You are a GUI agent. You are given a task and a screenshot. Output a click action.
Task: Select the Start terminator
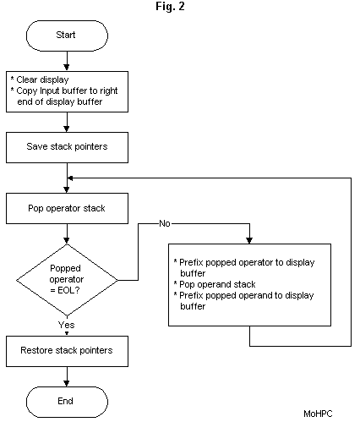pos(67,36)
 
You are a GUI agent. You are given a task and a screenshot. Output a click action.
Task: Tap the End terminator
pos(67,400)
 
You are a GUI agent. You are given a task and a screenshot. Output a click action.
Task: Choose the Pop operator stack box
pos(67,205)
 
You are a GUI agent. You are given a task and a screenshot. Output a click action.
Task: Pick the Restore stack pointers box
pos(67,348)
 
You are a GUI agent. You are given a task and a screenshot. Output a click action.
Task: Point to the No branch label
pos(166,223)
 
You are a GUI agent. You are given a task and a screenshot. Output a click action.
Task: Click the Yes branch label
pos(66,324)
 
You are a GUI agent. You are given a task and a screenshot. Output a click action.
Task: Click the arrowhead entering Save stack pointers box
pos(67,129)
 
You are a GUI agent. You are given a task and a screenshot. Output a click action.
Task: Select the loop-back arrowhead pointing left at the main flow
pos(73,178)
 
